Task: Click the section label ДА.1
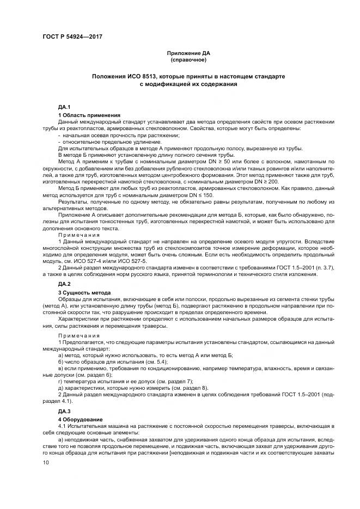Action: pyautogui.click(x=64, y=108)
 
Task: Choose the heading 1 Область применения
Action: pyautogui.click(x=89, y=115)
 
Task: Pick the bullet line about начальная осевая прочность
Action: pyautogui.click(x=122, y=134)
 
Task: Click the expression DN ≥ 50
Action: pyautogui.click(x=218, y=162)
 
